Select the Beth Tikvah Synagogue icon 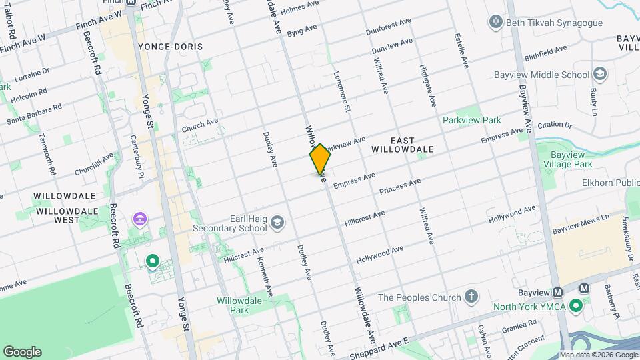(495, 23)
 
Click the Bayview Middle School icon (599, 73)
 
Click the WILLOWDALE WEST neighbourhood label (67, 215)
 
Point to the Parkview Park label (471, 121)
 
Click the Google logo (22, 351)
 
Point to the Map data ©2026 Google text (598, 355)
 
